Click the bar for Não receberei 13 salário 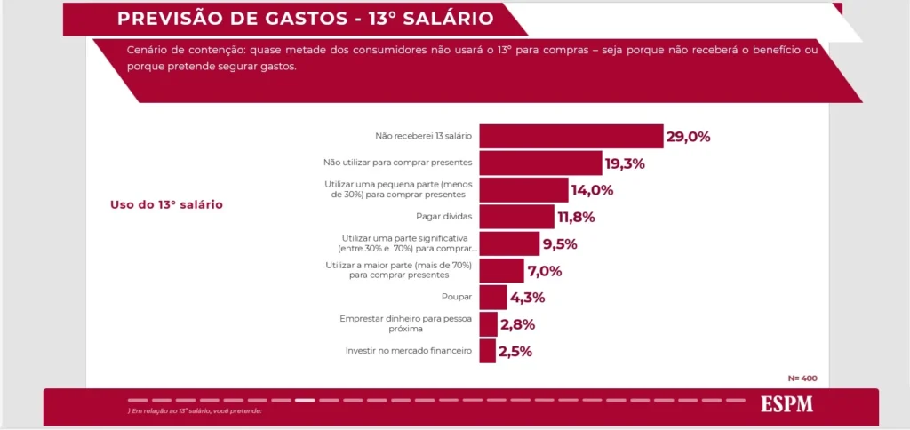coord(571,136)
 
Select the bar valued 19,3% coord(540,163)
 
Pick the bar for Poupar coord(493,297)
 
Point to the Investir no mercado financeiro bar coord(487,351)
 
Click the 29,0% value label coord(689,137)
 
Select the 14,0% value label coord(592,190)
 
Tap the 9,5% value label coord(560,244)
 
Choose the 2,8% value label coord(516,324)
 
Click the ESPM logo coord(786,404)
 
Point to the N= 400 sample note coord(802,378)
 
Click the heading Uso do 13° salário coord(166,204)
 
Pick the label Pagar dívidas coord(443,217)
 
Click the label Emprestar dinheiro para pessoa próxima coord(406,323)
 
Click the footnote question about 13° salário coord(196,410)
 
